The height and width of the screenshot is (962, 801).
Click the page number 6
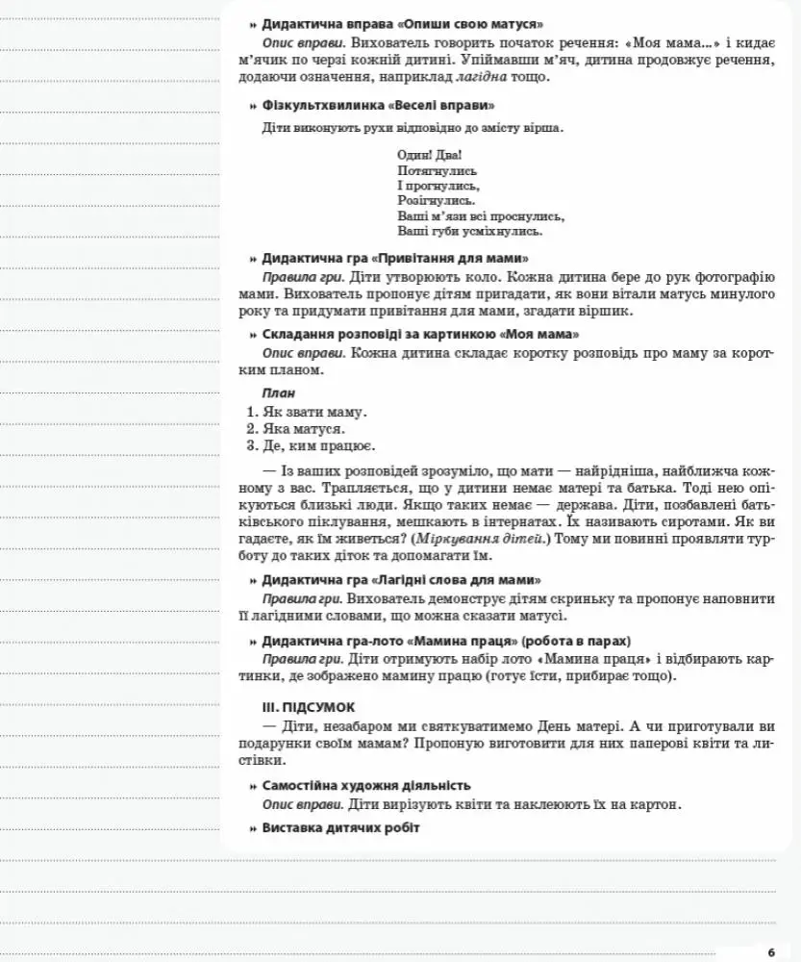point(770,952)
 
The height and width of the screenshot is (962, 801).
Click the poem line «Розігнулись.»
point(436,200)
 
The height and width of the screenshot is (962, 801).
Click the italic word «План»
point(278,392)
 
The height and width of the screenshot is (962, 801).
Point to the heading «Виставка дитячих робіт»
point(340,828)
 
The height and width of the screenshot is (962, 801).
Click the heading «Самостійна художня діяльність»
point(365,785)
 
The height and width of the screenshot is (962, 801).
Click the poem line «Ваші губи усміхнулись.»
point(469,231)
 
